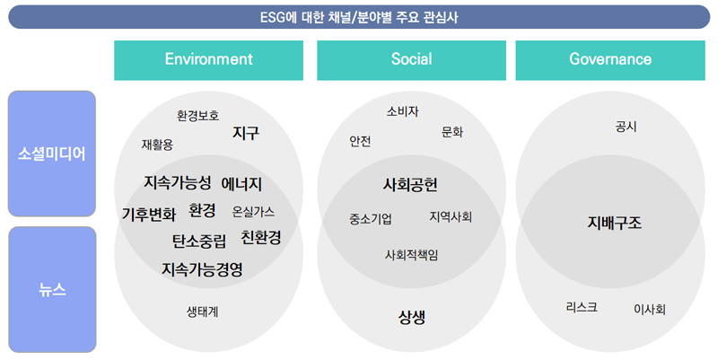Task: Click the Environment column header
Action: (x=208, y=60)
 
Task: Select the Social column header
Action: (x=411, y=60)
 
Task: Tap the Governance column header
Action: (x=610, y=60)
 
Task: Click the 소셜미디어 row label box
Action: (x=52, y=154)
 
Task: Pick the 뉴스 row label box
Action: (x=52, y=289)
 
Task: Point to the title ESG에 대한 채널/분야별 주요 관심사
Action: (x=359, y=17)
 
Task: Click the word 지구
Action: (x=246, y=133)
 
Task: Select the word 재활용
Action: (x=157, y=145)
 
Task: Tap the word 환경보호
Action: (x=197, y=116)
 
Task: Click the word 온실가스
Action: (x=253, y=212)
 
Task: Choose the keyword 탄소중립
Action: (x=199, y=241)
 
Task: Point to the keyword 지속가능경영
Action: (x=202, y=269)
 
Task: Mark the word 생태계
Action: (x=203, y=312)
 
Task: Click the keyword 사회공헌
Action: (x=410, y=185)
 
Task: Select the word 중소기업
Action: (x=371, y=219)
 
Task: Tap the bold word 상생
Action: (x=412, y=317)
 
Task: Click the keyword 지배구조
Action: (x=615, y=223)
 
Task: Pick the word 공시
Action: (x=626, y=127)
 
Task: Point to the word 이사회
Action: (x=649, y=310)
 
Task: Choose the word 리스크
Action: (x=582, y=307)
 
